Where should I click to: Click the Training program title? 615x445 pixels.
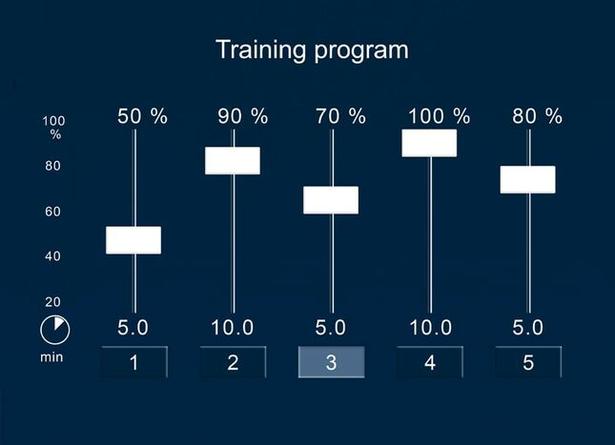coord(312,51)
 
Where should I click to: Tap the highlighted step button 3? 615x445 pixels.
coord(332,362)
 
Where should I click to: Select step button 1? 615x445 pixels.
coord(134,362)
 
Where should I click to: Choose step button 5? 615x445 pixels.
coord(528,362)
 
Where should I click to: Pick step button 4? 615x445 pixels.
coord(430,362)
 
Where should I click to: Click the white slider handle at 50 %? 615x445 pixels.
coord(133,240)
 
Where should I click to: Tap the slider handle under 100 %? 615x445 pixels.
coord(429,143)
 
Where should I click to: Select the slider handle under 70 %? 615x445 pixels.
coord(331,200)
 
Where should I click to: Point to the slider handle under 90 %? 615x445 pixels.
coord(233,161)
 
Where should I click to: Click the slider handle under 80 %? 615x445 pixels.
coord(528,179)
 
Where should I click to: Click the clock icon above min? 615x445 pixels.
coord(55,330)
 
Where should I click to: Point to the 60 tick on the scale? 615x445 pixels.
coord(53,212)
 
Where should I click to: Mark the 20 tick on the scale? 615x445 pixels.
coord(53,302)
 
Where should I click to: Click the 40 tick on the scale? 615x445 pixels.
coord(53,256)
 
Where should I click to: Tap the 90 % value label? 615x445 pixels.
coord(243,116)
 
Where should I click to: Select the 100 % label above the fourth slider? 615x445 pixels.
coord(439,116)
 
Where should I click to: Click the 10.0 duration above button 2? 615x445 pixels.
coord(233,328)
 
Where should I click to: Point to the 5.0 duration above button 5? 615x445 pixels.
coord(528,328)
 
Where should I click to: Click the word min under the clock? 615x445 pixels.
coord(51,357)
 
